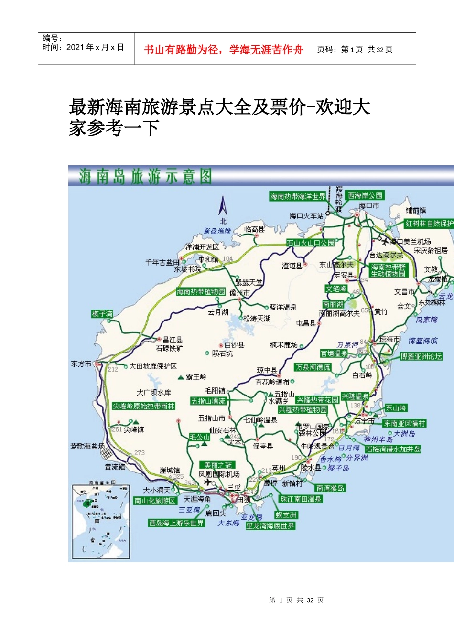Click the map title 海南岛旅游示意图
[x=145, y=177]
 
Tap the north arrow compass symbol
[x=223, y=206]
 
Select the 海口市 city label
[x=368, y=205]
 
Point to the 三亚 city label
[x=234, y=487]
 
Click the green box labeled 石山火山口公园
[x=310, y=243]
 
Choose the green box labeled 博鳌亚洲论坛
[x=421, y=356]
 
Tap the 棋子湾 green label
[x=102, y=314]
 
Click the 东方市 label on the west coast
[x=81, y=364]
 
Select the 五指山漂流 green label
[x=208, y=401]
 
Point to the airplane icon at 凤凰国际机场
[x=207, y=482]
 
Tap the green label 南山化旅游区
[x=155, y=501]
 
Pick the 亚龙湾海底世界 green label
[x=270, y=526]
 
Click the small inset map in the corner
[x=100, y=521]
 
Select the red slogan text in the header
[x=223, y=50]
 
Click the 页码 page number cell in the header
[x=355, y=49]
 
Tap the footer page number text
[x=296, y=600]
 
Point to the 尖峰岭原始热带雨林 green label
[x=143, y=406]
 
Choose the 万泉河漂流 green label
[x=313, y=367]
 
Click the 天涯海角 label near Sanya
[x=197, y=499]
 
